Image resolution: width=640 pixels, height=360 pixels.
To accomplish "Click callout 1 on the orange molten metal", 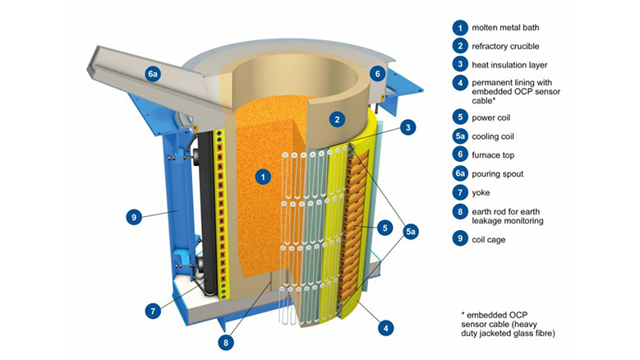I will [x=262, y=176].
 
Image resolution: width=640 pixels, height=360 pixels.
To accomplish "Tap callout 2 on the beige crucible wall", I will [x=336, y=119].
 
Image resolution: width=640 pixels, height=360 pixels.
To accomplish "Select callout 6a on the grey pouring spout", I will [x=152, y=74].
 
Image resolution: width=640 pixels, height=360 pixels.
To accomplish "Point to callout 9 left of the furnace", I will [x=134, y=218].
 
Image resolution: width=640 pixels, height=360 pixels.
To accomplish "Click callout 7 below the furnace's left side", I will [x=154, y=312].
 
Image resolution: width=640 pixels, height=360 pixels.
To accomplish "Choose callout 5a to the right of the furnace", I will [x=411, y=232].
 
